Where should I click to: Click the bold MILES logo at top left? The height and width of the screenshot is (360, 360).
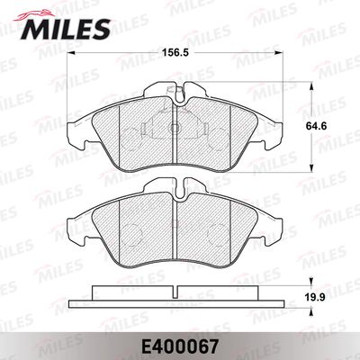66,29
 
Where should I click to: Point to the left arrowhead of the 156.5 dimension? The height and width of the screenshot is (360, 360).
70,53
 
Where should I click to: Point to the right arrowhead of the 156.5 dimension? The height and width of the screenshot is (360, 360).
279,53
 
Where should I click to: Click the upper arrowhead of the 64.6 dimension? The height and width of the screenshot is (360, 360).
311,86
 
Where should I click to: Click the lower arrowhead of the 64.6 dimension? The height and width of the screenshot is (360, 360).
311,168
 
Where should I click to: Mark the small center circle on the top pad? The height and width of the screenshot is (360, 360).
175,128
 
